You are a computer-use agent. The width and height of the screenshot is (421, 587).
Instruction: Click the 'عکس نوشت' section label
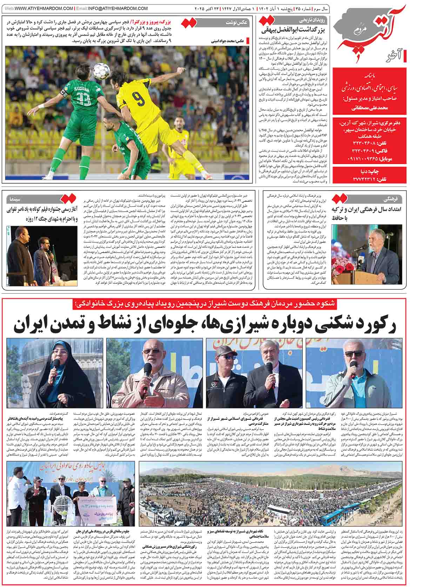click(239, 22)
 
